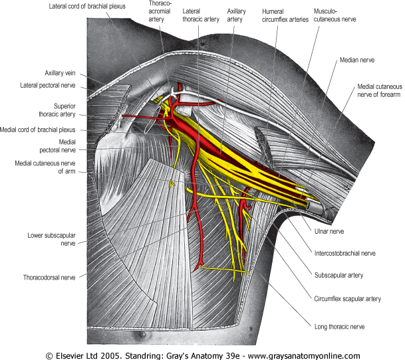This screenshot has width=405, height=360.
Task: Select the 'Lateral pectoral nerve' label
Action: click(51, 85)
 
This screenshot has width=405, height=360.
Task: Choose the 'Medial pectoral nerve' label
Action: click(59, 145)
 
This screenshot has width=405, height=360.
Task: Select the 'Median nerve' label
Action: click(356, 60)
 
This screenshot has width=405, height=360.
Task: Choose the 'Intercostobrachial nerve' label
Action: click(344, 253)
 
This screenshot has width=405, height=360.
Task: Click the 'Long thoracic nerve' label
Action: click(339, 326)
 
